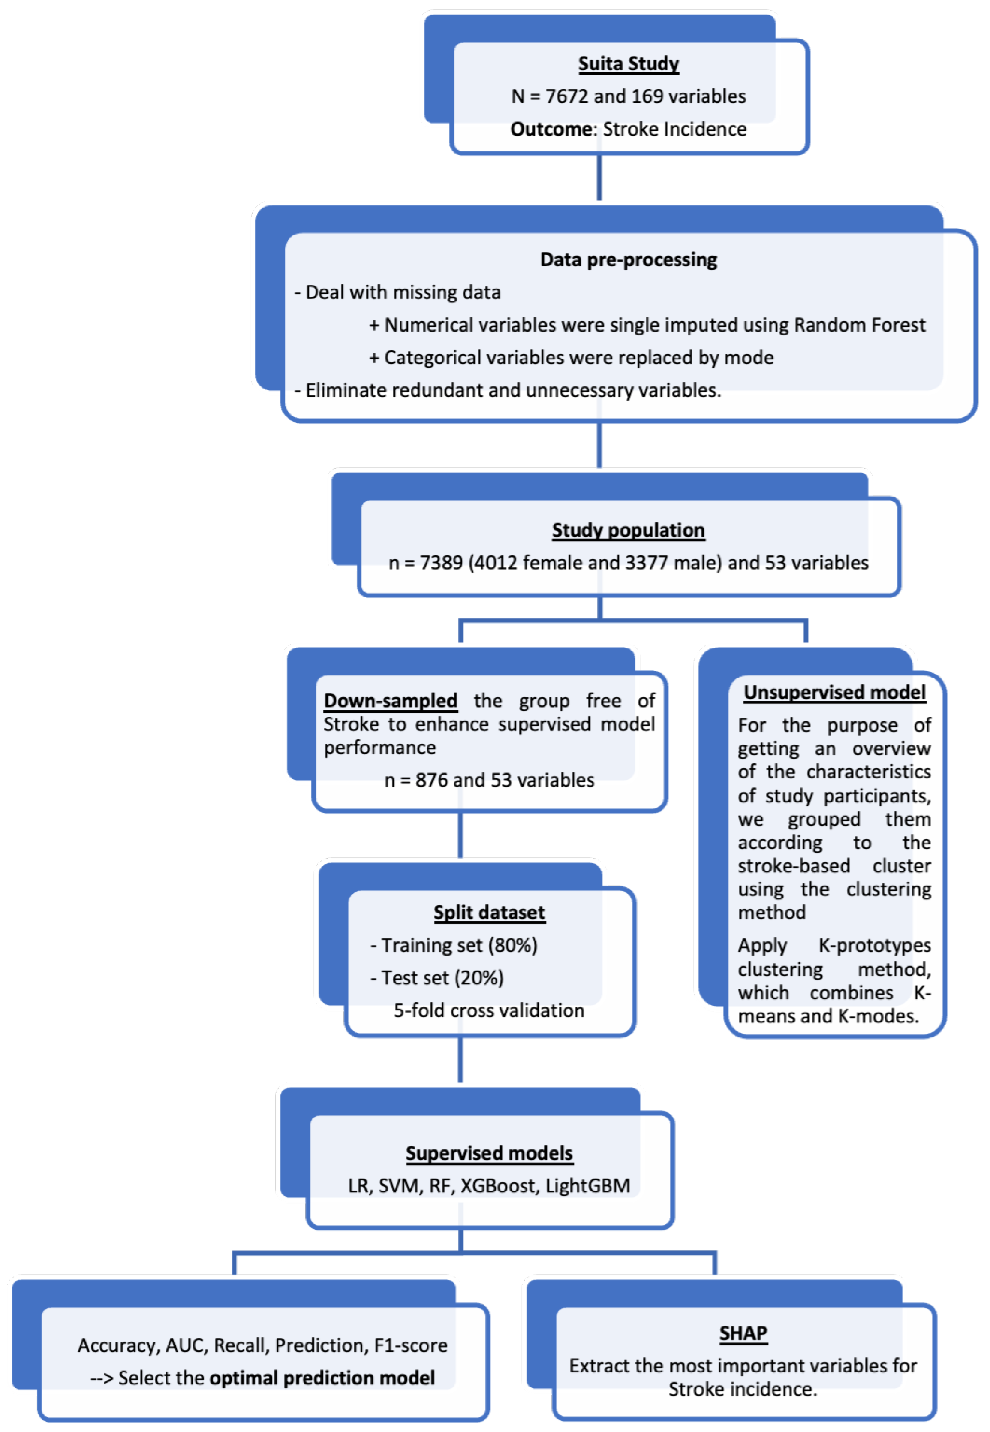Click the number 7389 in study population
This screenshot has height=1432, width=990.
coord(441,563)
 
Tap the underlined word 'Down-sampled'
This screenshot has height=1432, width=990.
coord(390,700)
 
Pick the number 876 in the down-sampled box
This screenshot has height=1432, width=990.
coord(431,780)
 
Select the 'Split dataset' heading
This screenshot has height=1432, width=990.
coord(489,913)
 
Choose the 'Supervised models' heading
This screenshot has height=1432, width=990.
coord(489,1153)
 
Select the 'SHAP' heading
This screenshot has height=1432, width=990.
coord(743,1333)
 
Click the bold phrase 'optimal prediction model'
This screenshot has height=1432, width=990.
coord(322,1378)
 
